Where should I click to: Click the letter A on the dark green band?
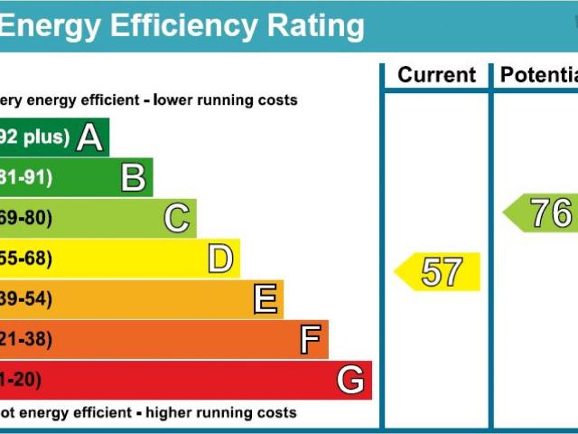click(89, 137)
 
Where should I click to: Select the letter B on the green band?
click(134, 177)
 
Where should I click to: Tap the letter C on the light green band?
click(177, 218)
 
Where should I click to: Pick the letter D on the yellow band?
click(220, 259)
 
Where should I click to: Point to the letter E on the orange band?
click(265, 298)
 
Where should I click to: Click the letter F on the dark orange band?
click(310, 340)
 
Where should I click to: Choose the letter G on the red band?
click(350, 380)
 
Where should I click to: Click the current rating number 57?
click(442, 272)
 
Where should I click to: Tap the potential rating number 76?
click(550, 214)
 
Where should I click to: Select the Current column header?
click(436, 76)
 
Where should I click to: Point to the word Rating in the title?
click(306, 26)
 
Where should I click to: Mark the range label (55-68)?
click(26, 259)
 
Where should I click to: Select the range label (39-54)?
click(26, 299)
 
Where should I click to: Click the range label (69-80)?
click(26, 218)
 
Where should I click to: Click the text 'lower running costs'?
click(225, 100)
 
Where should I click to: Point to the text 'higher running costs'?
click(220, 413)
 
